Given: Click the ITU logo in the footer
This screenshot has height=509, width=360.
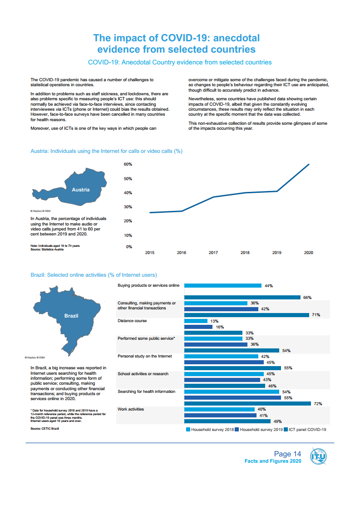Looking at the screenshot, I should click(318, 456).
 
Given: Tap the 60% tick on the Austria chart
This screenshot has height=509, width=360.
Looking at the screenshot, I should click(128, 164).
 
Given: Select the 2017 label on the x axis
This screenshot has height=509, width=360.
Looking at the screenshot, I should click(213, 253).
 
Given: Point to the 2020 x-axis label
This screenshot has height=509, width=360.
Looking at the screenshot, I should click(308, 253).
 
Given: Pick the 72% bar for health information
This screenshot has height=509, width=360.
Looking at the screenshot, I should click(247, 403).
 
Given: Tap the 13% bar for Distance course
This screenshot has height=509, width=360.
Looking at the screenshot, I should click(196, 321).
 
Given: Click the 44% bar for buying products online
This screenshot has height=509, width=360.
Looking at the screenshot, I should click(222, 286).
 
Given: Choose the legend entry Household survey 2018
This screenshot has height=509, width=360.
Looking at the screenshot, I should click(211, 429).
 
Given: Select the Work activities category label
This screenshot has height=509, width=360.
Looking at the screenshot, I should click(131, 409).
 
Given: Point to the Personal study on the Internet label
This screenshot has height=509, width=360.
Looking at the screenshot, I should click(145, 356).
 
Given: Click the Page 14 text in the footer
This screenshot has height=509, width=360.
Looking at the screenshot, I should click(287, 454).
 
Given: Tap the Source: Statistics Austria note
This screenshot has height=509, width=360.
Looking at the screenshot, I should click(44, 249).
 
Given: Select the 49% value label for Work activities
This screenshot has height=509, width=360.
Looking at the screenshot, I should click(277, 421).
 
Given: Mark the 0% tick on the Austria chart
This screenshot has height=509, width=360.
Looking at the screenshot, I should click(129, 247).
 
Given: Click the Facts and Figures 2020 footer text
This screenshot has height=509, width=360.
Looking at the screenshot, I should click(273, 461).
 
